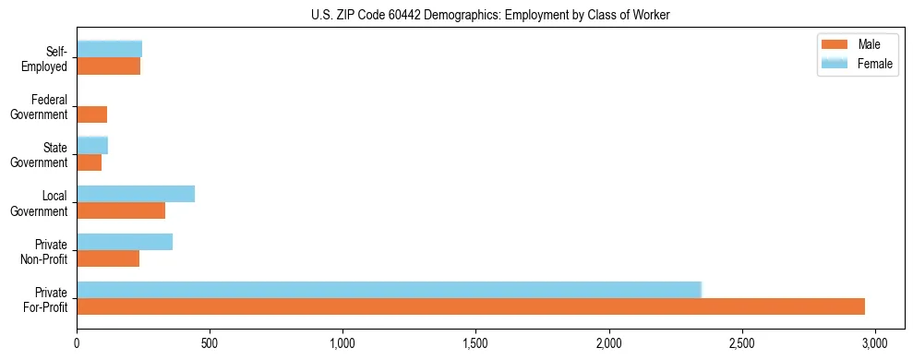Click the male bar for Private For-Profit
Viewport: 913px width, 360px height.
(471, 306)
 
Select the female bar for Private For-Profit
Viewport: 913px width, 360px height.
(389, 289)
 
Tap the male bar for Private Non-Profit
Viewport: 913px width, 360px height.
(108, 258)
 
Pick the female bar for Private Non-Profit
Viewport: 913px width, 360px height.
(125, 242)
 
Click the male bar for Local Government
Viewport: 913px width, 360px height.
(121, 210)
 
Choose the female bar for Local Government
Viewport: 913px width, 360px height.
(136, 194)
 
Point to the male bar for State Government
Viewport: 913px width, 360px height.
(90, 162)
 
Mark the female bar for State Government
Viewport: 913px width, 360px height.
(92, 145)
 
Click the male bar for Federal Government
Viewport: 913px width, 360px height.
(92, 114)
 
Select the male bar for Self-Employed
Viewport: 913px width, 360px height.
(109, 66)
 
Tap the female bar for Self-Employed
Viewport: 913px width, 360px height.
(110, 49)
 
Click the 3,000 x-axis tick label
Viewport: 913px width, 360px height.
(875, 344)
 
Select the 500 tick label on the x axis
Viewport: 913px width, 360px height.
(210, 344)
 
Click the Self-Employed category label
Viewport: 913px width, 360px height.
(45, 59)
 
